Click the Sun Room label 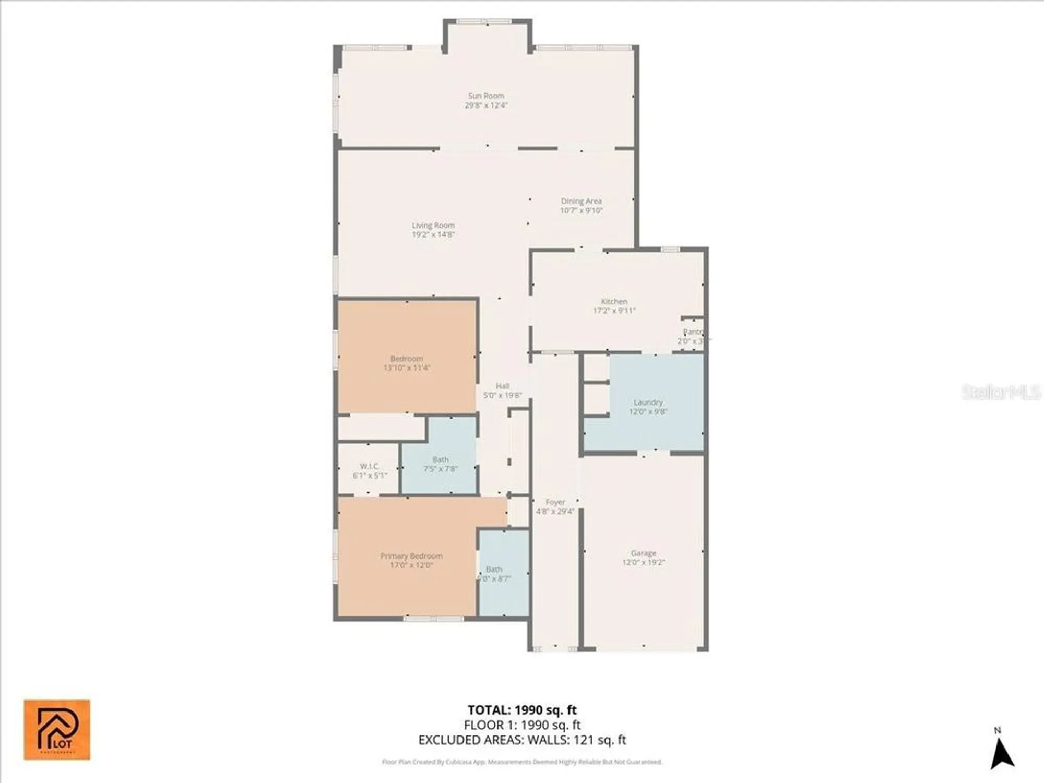[486, 96]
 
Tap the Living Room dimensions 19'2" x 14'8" [433, 235]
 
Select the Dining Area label [581, 201]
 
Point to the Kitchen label [614, 301]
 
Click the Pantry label [693, 332]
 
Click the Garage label [643, 553]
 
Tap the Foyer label [555, 502]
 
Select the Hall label [502, 386]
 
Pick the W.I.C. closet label [369, 466]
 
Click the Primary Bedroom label [411, 556]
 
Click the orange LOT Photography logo [57, 730]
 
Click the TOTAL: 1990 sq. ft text [522, 710]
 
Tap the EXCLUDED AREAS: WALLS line [522, 740]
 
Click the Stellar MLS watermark [1001, 392]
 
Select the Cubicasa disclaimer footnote [522, 762]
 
